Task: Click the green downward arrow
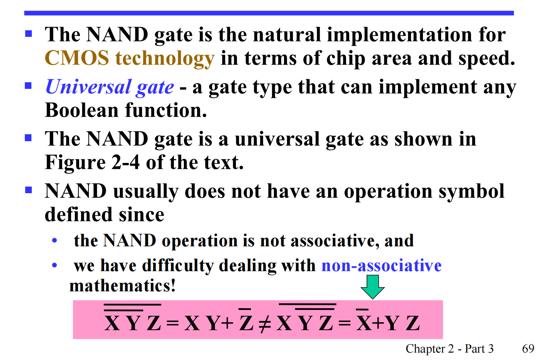click(372, 287)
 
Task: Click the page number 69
click(528, 349)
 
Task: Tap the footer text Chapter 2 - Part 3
click(450, 349)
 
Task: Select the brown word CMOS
click(77, 58)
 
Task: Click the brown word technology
click(165, 59)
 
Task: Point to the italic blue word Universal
click(88, 87)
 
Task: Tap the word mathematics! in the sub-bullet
click(122, 286)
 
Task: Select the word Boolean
click(81, 110)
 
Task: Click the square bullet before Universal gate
click(28, 86)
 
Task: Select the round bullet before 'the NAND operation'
click(54, 241)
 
